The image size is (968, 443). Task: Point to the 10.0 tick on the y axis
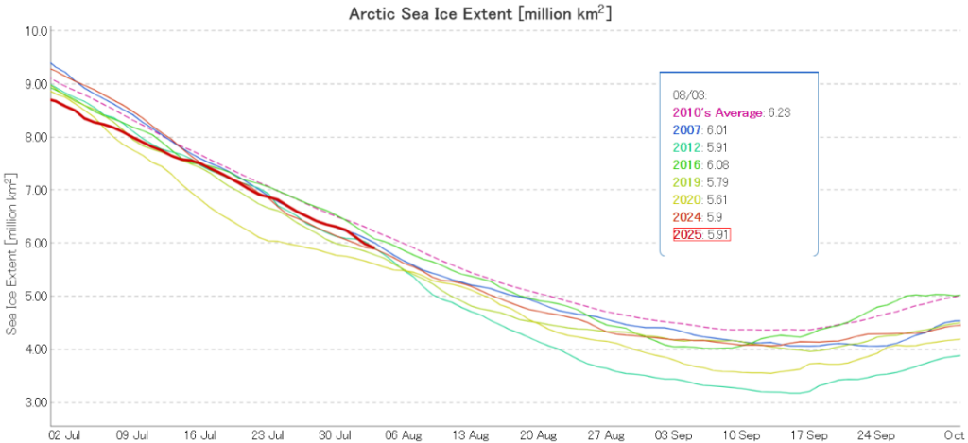click(x=36, y=31)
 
